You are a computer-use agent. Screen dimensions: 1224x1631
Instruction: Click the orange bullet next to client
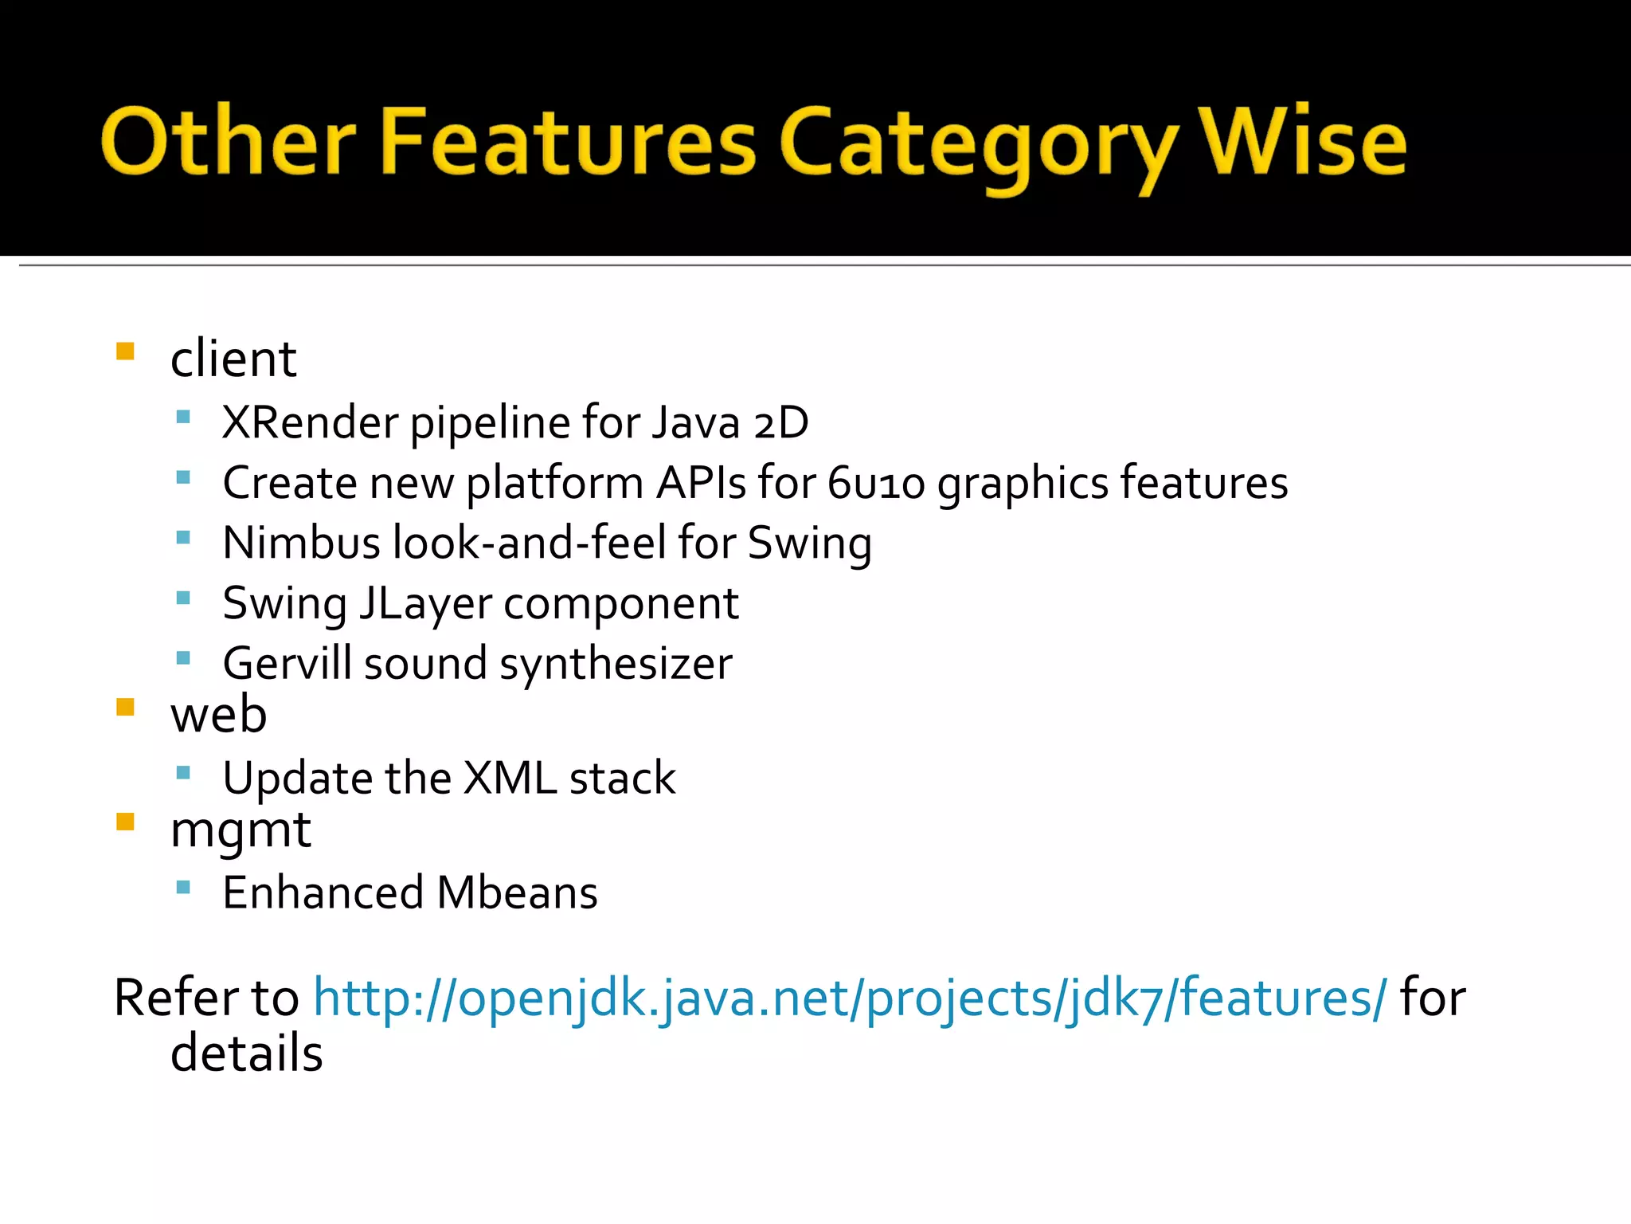click(x=125, y=351)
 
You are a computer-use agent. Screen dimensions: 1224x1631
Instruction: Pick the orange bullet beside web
click(x=125, y=708)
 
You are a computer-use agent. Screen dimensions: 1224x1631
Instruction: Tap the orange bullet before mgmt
click(x=125, y=822)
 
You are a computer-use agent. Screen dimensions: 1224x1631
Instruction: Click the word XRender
click(x=310, y=422)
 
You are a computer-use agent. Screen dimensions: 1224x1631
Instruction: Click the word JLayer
click(x=425, y=603)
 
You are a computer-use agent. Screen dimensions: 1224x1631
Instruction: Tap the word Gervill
click(x=287, y=663)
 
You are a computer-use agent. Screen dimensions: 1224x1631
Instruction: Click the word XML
click(x=510, y=778)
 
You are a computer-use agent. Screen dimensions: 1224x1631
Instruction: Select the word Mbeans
click(x=517, y=892)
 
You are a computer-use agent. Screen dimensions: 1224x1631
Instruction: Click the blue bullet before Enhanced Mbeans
click(x=183, y=886)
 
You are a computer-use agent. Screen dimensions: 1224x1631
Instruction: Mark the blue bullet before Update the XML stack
click(x=183, y=772)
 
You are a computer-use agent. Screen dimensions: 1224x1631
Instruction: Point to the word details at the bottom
click(x=247, y=1053)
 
